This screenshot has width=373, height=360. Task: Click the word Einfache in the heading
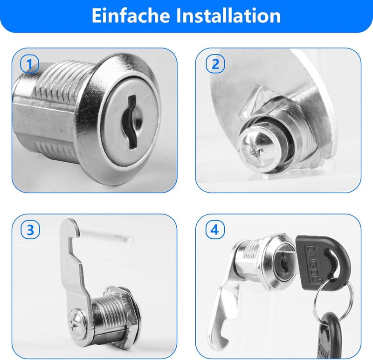(131, 16)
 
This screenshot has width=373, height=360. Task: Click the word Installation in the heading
(228, 16)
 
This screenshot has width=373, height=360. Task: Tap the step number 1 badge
(29, 64)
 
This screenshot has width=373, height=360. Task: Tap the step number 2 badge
(215, 64)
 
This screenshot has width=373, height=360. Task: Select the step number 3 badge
(30, 230)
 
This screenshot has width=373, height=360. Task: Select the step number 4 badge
(215, 230)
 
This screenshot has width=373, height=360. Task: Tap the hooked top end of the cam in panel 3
(69, 229)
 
